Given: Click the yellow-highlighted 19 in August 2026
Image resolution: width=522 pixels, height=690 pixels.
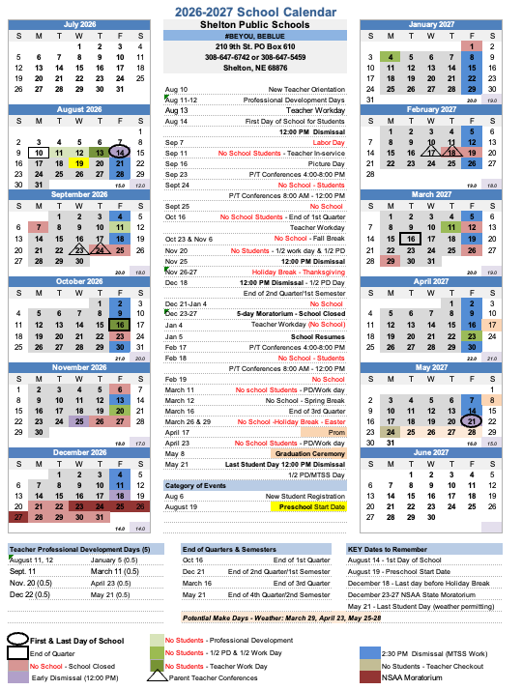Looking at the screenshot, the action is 79,163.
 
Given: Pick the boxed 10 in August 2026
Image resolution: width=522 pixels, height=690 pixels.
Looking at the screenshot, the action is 38,153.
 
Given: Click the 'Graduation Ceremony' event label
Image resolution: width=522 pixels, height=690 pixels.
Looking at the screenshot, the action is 310,453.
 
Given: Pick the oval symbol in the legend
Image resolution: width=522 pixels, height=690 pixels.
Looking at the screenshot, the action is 16,640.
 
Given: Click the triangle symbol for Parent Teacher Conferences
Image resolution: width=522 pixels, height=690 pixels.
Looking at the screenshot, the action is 155,676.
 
